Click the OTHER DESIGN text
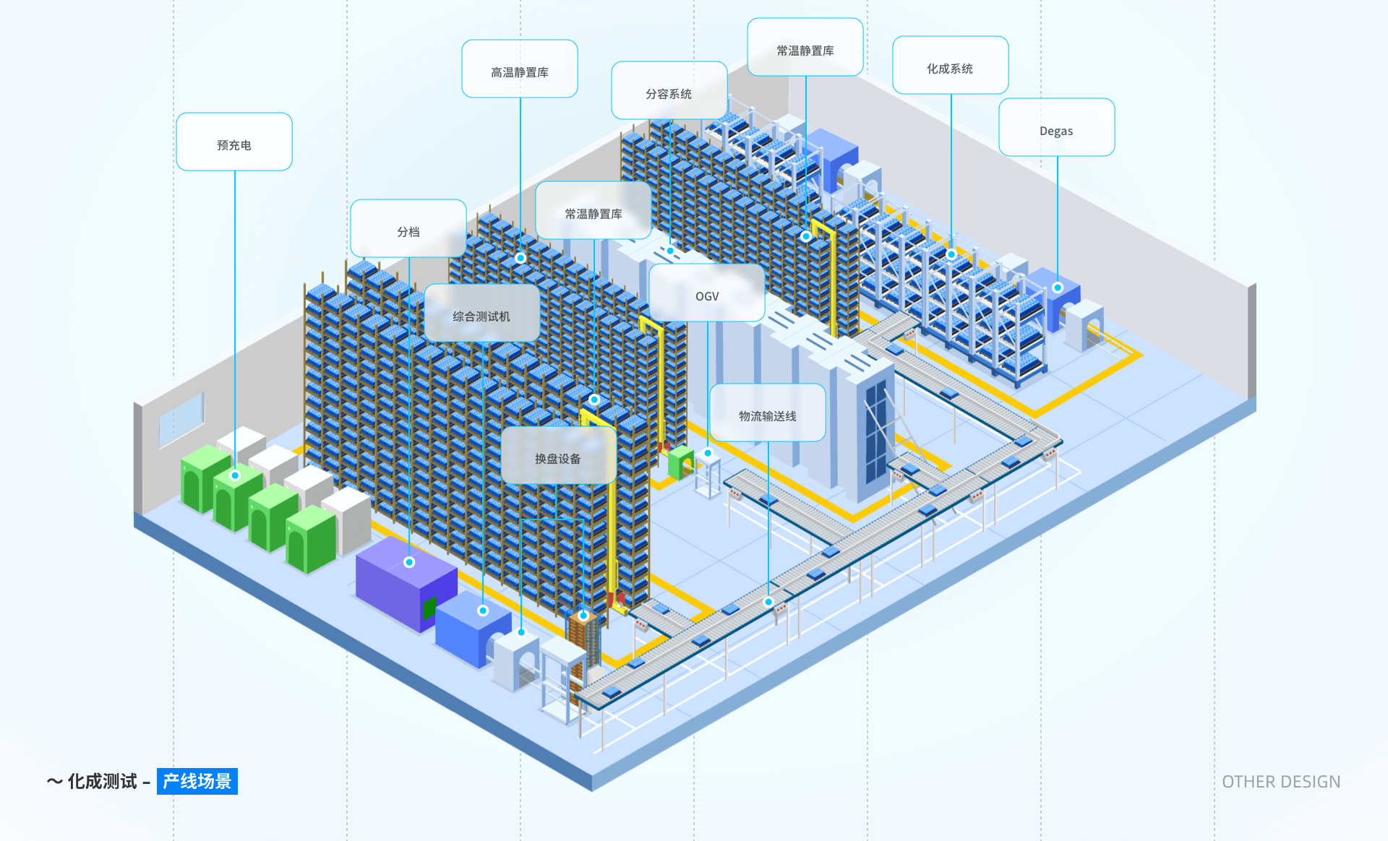click(1281, 782)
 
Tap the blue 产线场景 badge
click(197, 781)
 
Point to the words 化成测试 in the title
click(102, 781)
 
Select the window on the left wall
click(181, 419)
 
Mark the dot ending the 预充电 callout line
click(235, 475)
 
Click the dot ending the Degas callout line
click(1058, 288)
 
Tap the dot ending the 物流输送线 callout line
click(768, 602)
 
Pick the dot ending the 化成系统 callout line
click(951, 254)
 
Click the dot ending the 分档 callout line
click(409, 562)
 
